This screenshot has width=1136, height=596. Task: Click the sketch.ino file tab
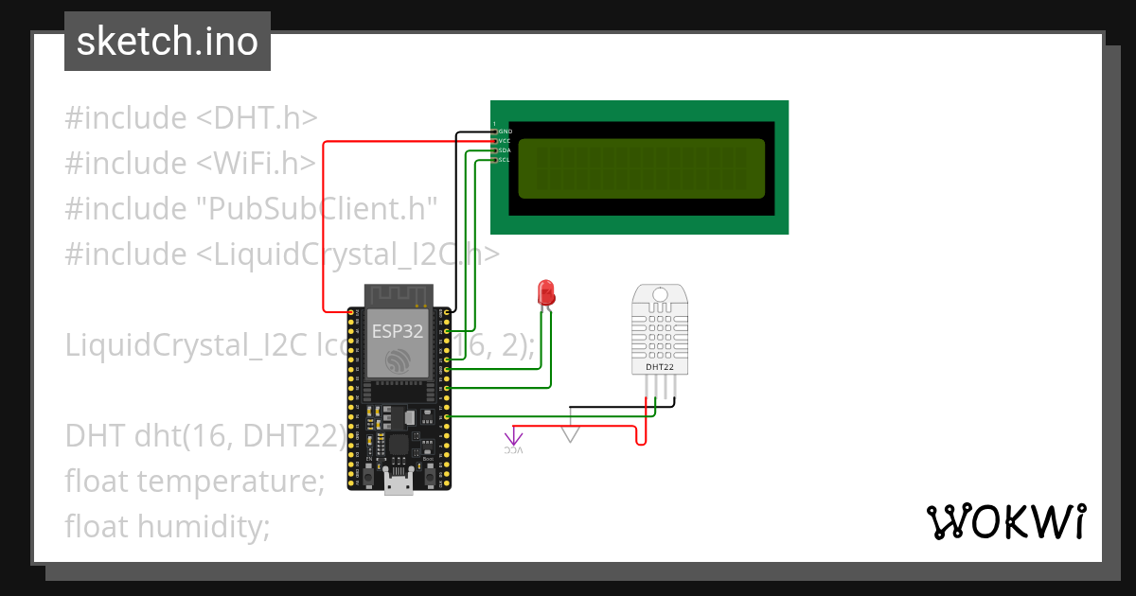point(168,42)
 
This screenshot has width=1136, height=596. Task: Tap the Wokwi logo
point(1004,521)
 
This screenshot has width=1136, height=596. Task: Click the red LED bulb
point(546,292)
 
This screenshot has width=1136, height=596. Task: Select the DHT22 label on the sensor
point(660,366)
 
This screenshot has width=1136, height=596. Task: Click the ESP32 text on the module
point(396,331)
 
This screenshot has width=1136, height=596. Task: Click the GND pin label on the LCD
point(505,131)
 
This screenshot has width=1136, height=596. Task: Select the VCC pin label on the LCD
point(505,141)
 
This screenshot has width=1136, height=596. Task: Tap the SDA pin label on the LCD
point(505,150)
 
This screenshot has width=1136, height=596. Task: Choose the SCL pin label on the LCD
point(505,160)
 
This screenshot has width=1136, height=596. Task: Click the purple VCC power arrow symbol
point(513,438)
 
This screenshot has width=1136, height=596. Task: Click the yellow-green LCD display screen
point(641,168)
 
